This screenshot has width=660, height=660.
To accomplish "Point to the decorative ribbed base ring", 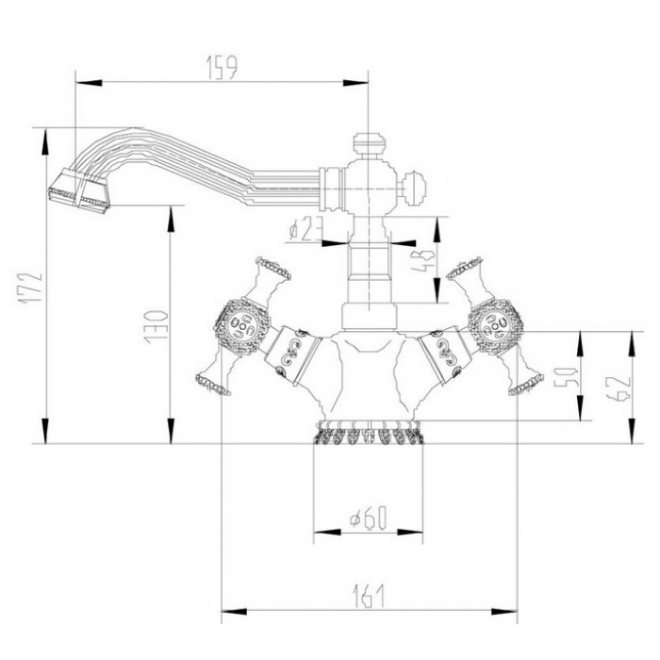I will click(369, 437).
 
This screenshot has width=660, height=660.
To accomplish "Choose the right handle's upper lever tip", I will click(466, 267).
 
